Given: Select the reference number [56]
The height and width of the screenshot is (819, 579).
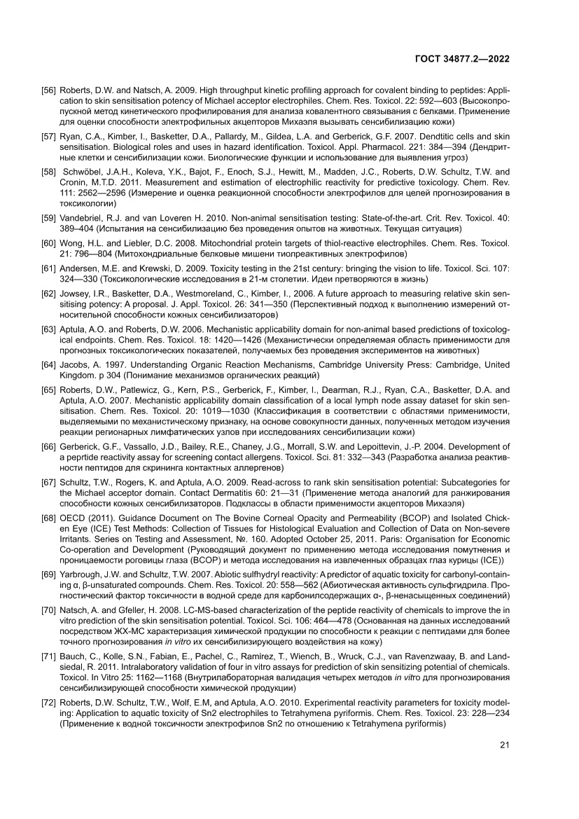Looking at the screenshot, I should pyautogui.click(x=49, y=91).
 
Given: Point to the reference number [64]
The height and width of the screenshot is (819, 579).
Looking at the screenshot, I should pyautogui.click(x=49, y=366).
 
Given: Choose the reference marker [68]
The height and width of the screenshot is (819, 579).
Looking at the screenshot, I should pyautogui.click(x=49, y=499).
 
